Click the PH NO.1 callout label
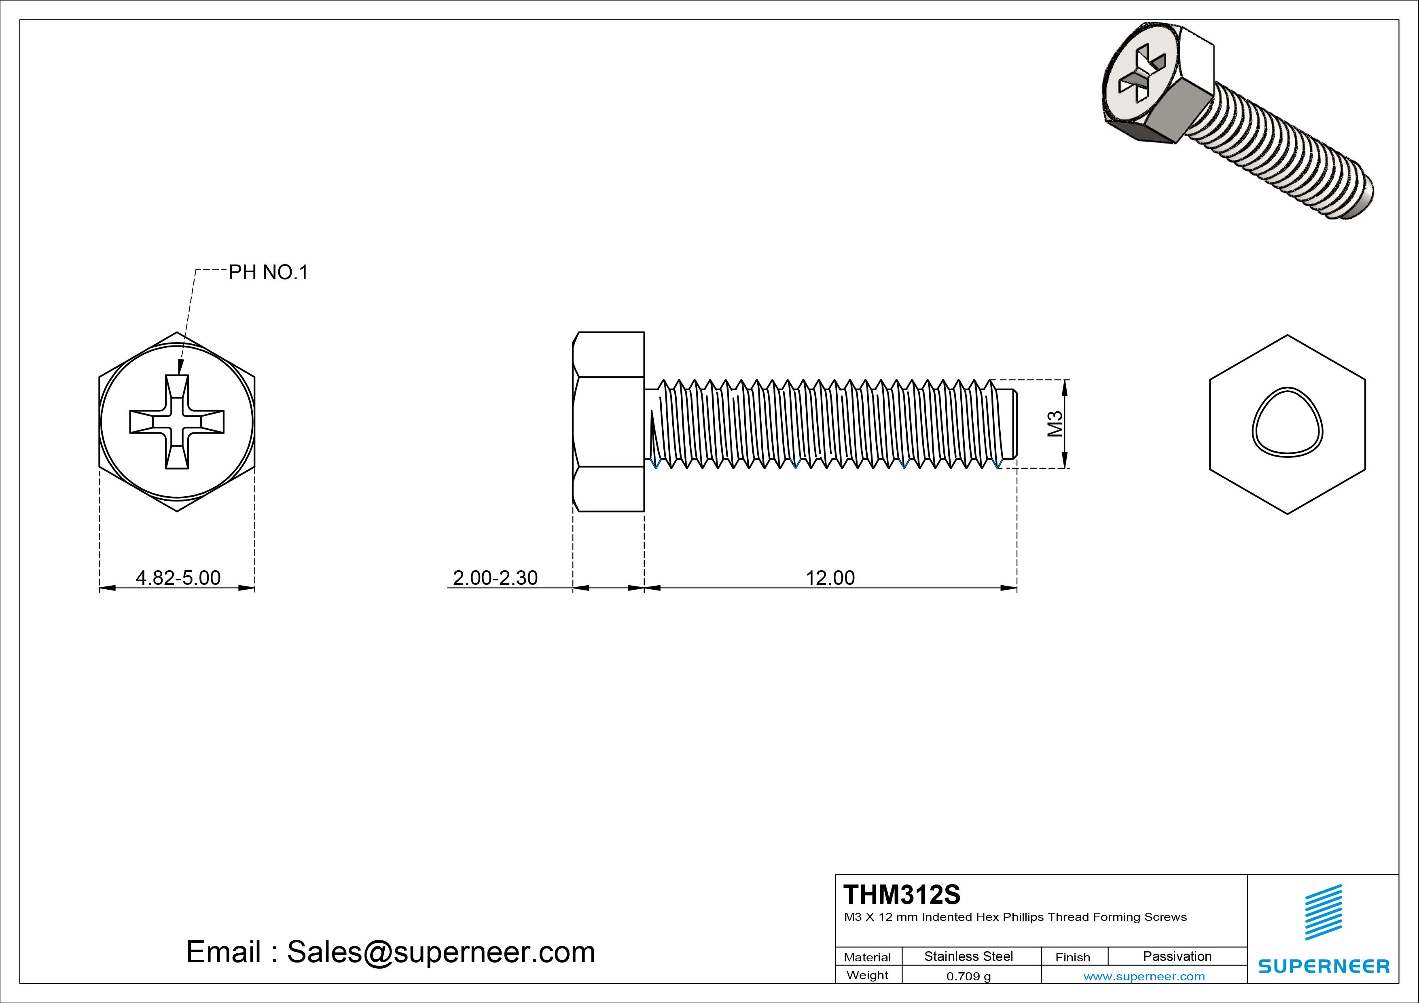pyautogui.click(x=268, y=273)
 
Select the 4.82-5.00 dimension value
pyautogui.click(x=178, y=578)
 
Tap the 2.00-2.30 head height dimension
pyautogui.click(x=495, y=578)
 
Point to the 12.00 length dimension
pyautogui.click(x=830, y=578)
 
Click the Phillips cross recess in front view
pyautogui.click(x=177, y=421)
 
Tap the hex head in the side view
pyautogui.click(x=609, y=421)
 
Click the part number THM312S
pyautogui.click(x=902, y=894)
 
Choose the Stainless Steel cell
pyautogui.click(x=968, y=956)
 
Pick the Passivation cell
pyautogui.click(x=1177, y=956)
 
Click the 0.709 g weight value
pyautogui.click(x=968, y=976)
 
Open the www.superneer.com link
pyautogui.click(x=1144, y=976)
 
